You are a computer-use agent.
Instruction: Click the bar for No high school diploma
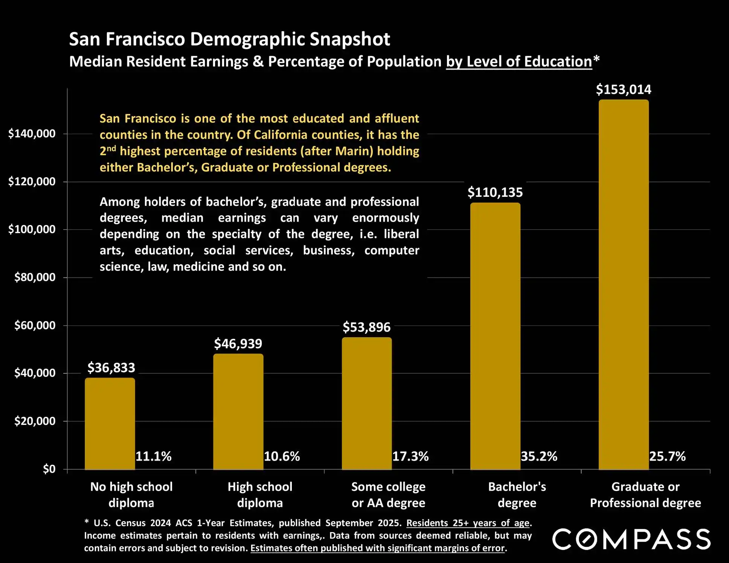coord(110,423)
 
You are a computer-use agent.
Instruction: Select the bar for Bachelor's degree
coord(495,336)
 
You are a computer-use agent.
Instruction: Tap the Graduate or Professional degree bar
coord(624,285)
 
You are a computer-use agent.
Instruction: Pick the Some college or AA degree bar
coord(367,403)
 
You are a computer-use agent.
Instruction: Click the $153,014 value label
coord(624,90)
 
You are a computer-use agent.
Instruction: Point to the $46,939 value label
coord(238,344)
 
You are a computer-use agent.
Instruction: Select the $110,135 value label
coord(495,192)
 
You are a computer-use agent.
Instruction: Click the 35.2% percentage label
coord(539,456)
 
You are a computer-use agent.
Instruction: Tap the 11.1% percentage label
coord(153,456)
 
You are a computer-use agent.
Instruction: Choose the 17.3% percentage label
coord(410,456)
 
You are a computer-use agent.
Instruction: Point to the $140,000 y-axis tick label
coord(32,134)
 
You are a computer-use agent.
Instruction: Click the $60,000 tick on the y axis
coord(35,326)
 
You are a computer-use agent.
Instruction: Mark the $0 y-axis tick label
coord(49,469)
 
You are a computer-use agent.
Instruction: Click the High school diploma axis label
coord(260,495)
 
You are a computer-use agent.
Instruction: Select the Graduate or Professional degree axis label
coord(645,495)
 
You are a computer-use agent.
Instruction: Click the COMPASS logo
coord(631,539)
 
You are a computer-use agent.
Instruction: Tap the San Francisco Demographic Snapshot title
coord(229,39)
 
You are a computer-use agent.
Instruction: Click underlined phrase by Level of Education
coord(519,62)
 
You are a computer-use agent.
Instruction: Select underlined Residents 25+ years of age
coord(468,523)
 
